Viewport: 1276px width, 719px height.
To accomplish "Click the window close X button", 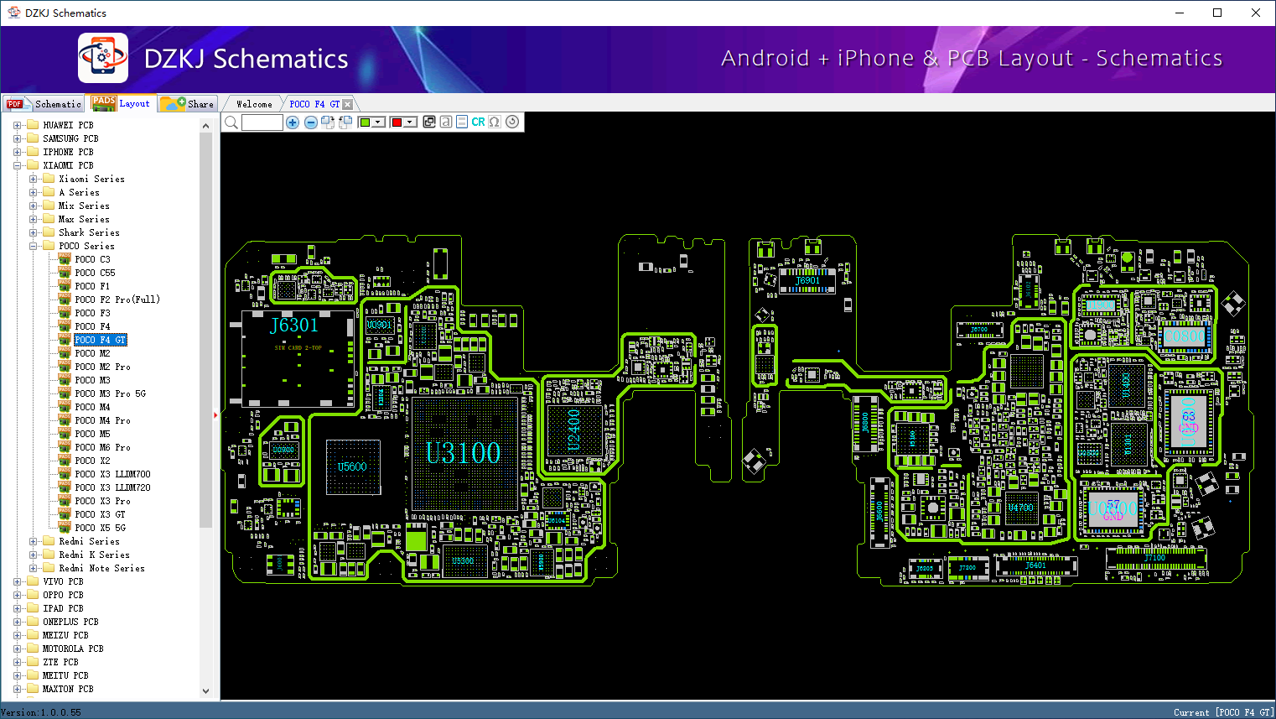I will [x=1255, y=13].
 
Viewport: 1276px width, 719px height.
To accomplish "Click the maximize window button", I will [x=1217, y=13].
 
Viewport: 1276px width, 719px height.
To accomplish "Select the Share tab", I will [x=189, y=104].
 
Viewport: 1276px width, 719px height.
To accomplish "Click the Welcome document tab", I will [x=254, y=104].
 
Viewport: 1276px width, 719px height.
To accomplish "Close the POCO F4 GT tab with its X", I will [x=348, y=105].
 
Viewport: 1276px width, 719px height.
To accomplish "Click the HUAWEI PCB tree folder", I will [x=68, y=125].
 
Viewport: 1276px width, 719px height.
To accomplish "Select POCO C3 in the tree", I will [x=92, y=259].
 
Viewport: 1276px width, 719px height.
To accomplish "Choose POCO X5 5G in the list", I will [x=100, y=528].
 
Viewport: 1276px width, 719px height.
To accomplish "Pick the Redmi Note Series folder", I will [x=101, y=568].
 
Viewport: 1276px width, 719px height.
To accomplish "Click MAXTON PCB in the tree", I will [x=68, y=689].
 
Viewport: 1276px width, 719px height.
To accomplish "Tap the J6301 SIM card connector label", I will [x=294, y=326].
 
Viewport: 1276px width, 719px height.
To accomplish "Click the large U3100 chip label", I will [x=463, y=453].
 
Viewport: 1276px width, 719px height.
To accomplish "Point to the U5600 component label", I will [x=352, y=467].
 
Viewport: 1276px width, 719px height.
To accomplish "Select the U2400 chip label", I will [x=574, y=430].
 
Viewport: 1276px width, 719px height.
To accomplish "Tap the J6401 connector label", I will [x=1035, y=565].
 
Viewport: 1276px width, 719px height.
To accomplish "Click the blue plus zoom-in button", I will [x=293, y=122].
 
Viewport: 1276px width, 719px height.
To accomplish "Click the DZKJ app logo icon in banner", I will [x=103, y=58].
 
